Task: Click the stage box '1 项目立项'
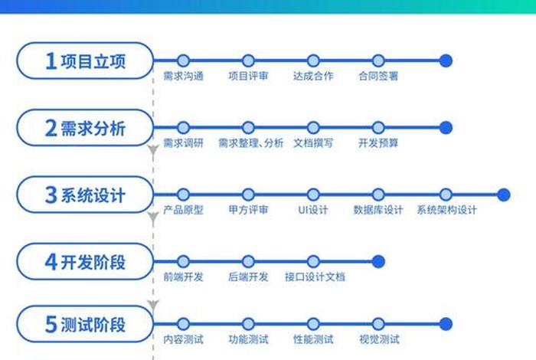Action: [84, 61]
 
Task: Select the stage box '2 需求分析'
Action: [84, 127]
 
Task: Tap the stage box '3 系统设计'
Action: [84, 195]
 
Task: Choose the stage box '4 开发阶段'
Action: [84, 261]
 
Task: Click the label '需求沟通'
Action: [183, 77]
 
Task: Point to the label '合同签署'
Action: [377, 77]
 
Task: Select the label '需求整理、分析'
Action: [250, 143]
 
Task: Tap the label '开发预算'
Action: [377, 143]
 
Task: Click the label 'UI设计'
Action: [312, 211]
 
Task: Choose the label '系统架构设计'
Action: [446, 211]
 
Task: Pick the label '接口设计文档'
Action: [315, 277]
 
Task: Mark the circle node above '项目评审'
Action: [248, 61]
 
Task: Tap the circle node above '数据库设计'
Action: [378, 195]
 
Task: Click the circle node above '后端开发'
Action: [248, 261]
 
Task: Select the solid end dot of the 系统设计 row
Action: [503, 195]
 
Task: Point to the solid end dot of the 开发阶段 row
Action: [378, 261]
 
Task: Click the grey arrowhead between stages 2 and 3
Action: [153, 152]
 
